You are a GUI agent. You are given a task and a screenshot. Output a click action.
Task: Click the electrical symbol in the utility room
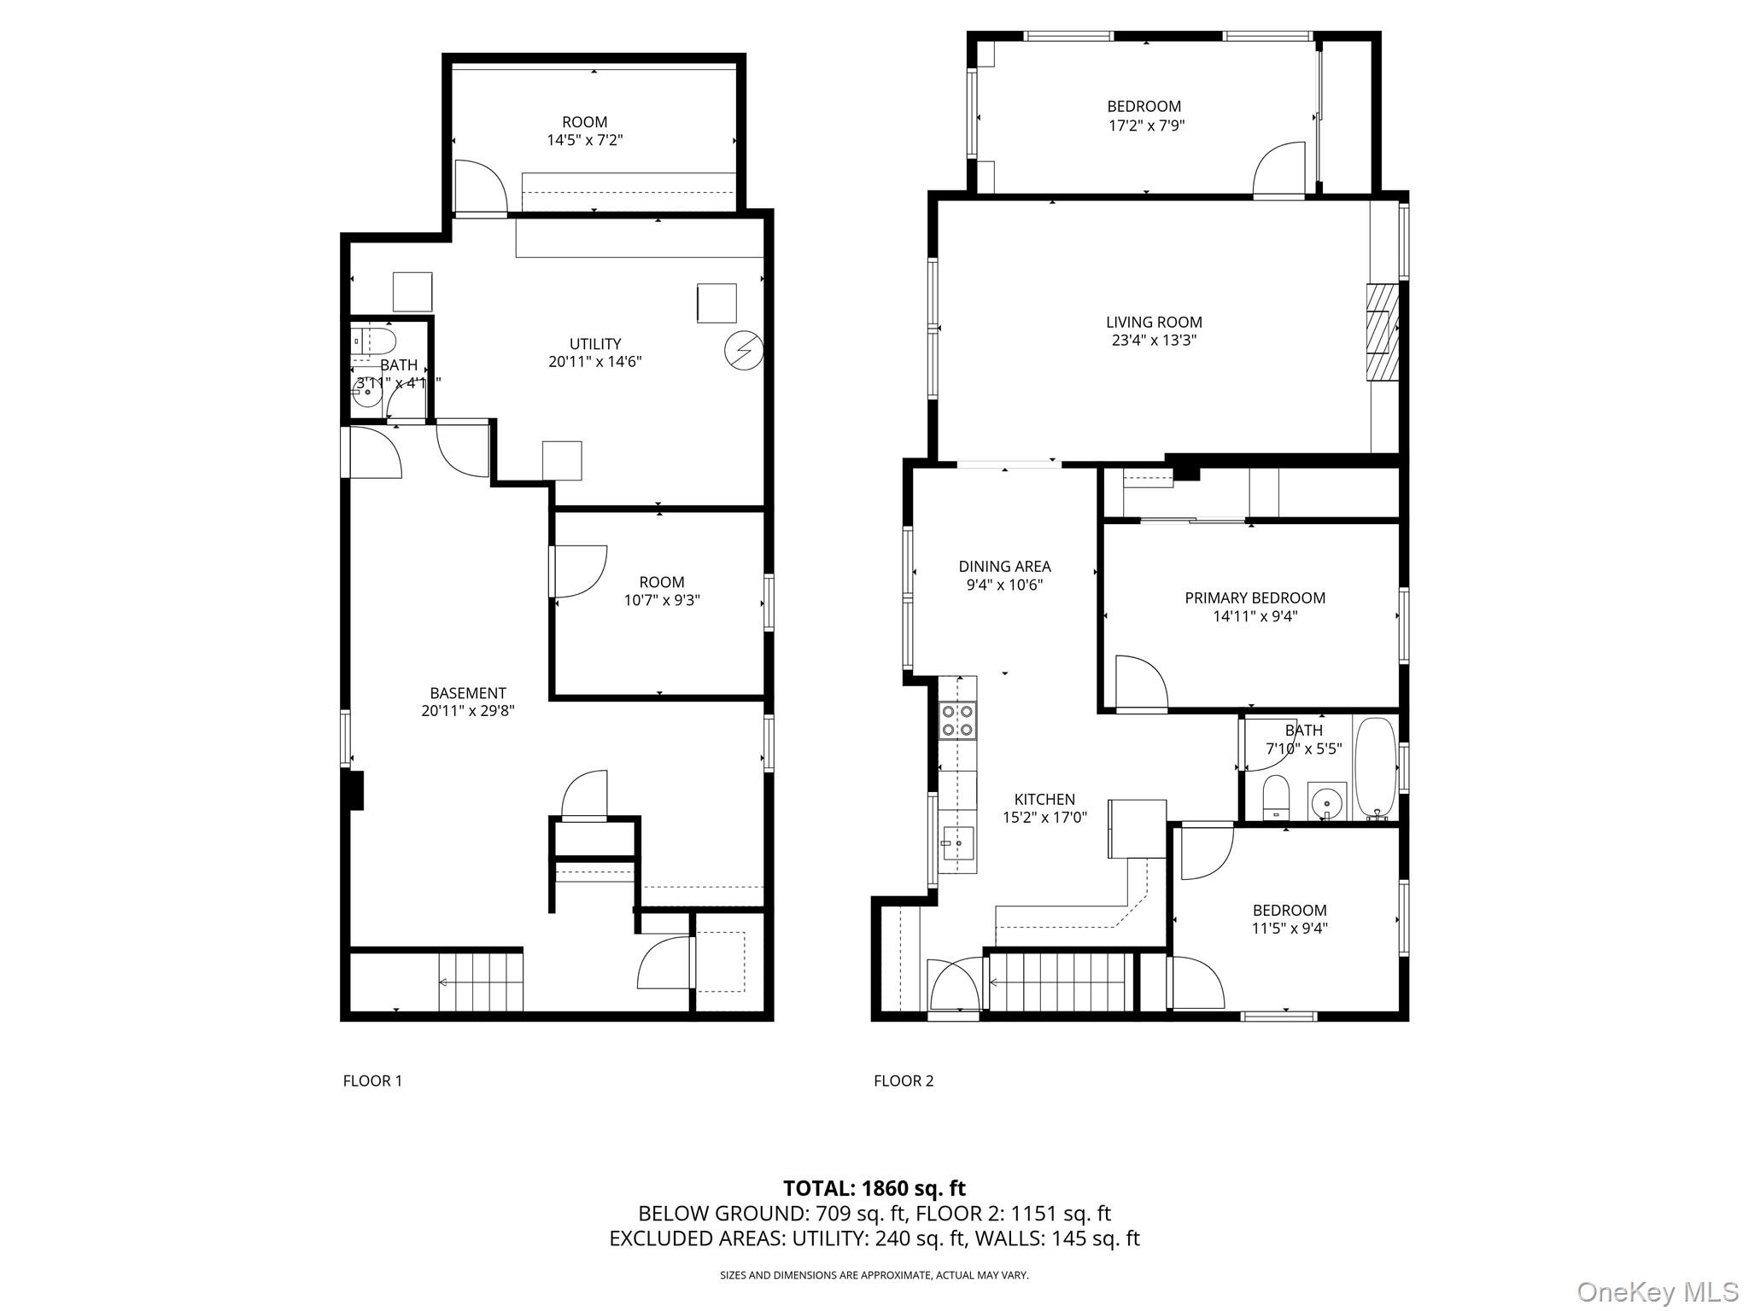point(743,351)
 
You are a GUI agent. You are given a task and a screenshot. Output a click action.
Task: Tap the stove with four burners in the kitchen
point(957,720)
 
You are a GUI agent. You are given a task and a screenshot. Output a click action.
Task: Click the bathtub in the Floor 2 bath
point(1375,768)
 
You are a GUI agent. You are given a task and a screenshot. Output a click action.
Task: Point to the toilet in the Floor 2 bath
point(1276,796)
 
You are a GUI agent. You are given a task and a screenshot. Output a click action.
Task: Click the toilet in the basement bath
point(373,342)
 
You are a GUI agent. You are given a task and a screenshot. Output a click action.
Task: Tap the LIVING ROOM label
point(1153,322)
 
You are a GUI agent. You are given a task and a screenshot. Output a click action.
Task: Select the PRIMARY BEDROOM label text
point(1255,597)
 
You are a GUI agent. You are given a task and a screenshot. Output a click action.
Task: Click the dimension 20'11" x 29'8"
point(467,711)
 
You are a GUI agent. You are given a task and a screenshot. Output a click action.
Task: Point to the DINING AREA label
point(1004,566)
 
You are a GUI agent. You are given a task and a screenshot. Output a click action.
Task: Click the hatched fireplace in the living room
point(1382,331)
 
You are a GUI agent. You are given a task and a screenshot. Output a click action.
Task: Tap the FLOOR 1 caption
point(372,1081)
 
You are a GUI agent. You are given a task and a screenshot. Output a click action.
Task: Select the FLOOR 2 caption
point(904,1081)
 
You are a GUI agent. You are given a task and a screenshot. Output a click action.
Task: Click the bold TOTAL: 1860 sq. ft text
point(874,1188)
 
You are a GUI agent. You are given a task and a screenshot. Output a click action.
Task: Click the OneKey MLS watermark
point(1657,1291)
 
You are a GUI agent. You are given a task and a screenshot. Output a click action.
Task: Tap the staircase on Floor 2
point(1059,982)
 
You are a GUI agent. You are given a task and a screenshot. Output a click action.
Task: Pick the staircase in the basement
point(480,982)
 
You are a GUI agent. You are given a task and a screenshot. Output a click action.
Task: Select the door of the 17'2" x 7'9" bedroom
point(1278,171)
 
